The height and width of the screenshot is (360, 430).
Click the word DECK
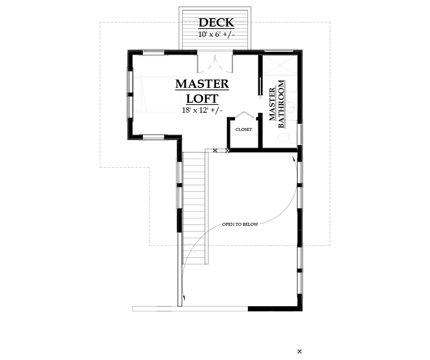click(216, 22)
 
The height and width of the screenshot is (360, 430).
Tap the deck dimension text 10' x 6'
click(216, 35)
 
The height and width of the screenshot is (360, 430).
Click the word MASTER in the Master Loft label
click(202, 84)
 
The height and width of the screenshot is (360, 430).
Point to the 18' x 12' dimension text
click(202, 110)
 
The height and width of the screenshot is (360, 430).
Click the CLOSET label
click(243, 130)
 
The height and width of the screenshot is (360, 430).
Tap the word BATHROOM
click(281, 104)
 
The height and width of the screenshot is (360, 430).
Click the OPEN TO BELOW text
click(240, 225)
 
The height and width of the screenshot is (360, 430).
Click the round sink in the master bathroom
click(293, 107)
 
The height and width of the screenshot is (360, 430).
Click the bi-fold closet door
click(243, 115)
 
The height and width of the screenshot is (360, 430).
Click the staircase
click(195, 207)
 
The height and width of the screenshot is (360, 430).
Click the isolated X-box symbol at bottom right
click(300, 351)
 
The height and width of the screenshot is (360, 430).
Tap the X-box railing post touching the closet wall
click(228, 151)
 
